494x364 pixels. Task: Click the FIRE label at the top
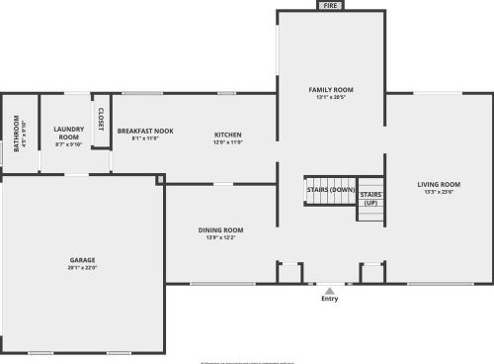click(x=330, y=5)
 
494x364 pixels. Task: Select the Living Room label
click(x=439, y=184)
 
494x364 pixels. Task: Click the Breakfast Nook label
click(x=145, y=131)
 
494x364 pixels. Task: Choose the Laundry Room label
click(x=68, y=132)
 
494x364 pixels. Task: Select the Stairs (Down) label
click(x=330, y=189)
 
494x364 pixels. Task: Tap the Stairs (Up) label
click(x=370, y=198)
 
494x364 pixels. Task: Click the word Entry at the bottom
click(x=329, y=299)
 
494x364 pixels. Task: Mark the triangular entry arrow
click(x=329, y=290)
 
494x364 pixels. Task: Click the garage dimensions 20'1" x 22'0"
click(x=82, y=268)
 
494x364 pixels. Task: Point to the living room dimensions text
click(x=439, y=192)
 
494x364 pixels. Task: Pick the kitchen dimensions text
click(x=228, y=142)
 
